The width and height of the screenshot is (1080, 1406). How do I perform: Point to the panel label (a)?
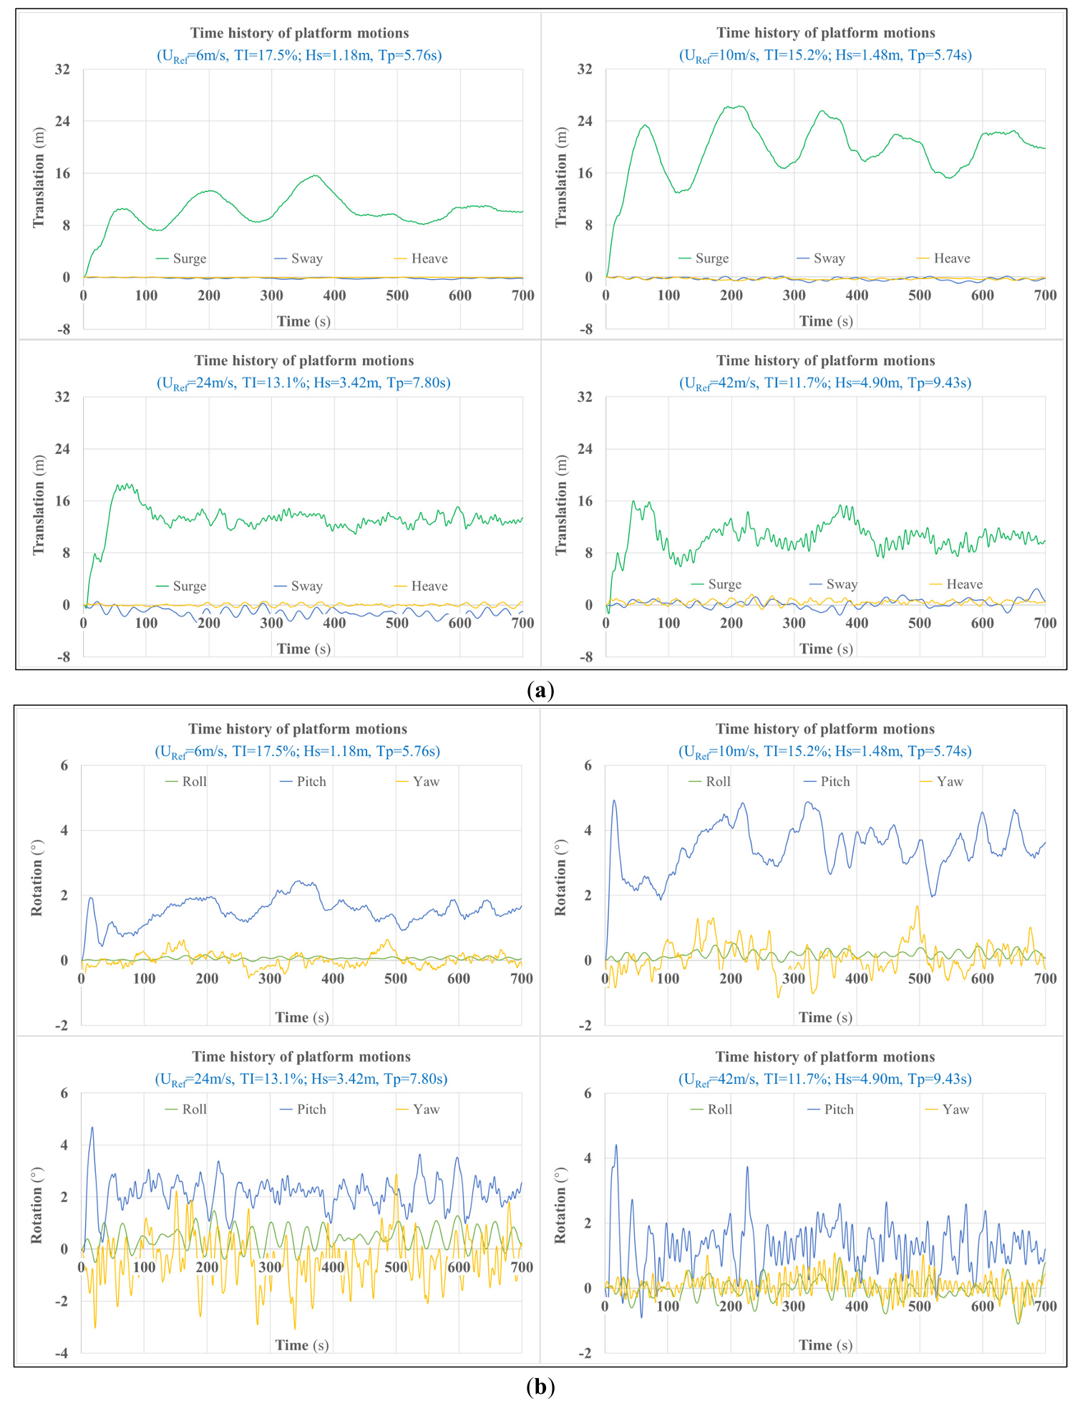[x=540, y=690]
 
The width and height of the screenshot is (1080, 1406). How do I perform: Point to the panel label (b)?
[x=540, y=1387]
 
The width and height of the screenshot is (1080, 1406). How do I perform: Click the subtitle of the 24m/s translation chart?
[x=303, y=383]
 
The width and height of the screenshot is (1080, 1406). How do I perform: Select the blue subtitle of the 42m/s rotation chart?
[x=824, y=1079]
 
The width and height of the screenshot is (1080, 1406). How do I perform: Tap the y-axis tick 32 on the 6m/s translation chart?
[x=63, y=69]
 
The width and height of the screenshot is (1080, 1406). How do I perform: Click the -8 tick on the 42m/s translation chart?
[x=585, y=657]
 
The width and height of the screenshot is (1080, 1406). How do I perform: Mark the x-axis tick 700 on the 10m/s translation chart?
[x=1045, y=295]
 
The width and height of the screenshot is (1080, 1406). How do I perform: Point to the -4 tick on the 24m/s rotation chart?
[x=62, y=1353]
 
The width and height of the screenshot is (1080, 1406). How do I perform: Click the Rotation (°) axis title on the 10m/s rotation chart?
[x=560, y=878]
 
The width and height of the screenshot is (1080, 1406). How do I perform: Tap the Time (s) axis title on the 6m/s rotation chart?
[x=302, y=1017]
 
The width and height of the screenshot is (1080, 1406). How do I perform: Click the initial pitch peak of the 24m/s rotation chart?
[x=92, y=1128]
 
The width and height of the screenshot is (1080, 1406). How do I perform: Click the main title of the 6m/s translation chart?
[x=299, y=33]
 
